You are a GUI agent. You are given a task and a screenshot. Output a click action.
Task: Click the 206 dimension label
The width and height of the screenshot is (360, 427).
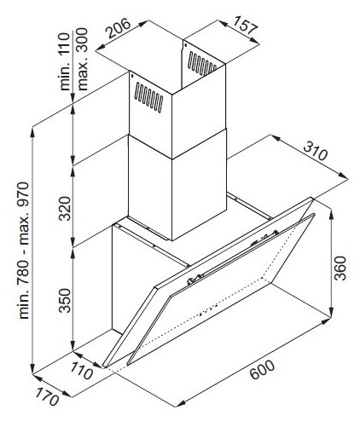coord(119,28)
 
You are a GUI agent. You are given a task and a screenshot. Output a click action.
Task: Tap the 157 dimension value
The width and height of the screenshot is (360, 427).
coord(245,25)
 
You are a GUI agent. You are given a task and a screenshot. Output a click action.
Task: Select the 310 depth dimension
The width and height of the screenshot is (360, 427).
coord(316,151)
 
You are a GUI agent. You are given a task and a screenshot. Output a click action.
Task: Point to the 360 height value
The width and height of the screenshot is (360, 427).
coord(340,268)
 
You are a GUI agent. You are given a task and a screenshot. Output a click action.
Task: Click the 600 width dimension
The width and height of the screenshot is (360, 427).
coord(262,369)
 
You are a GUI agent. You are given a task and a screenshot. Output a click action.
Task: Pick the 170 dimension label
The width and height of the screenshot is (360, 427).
coord(47,397)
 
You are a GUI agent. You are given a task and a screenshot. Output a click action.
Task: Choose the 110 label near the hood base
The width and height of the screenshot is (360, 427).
coord(81,371)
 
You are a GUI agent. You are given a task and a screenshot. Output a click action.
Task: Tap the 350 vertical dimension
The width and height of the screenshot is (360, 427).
coord(65,301)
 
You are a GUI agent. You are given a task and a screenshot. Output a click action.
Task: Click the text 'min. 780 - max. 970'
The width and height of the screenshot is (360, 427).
coord(24,251)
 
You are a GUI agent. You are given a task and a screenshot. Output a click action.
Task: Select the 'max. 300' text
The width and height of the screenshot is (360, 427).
coord(83,59)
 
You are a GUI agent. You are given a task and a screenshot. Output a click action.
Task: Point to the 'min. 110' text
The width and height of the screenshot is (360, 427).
coord(65,61)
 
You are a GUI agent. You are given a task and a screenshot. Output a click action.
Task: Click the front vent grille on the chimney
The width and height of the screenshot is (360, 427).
coord(148,97)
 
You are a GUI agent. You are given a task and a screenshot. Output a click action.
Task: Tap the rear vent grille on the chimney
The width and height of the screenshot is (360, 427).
coord(202,63)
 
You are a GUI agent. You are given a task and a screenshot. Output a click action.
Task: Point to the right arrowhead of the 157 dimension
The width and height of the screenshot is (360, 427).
coord(255,41)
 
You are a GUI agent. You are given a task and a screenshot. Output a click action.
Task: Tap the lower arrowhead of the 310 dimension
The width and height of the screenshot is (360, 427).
coord(343,176)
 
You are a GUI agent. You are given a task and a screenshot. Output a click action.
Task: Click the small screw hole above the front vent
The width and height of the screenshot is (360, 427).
coord(133,76)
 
